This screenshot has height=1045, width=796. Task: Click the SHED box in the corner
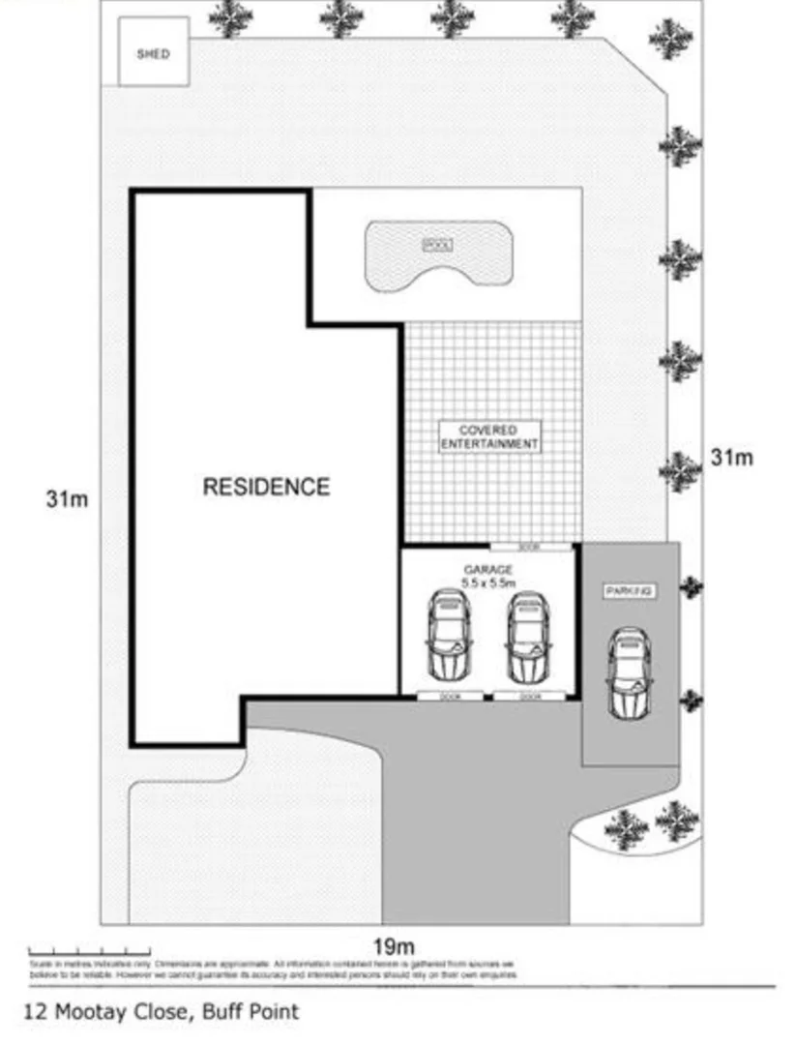(153, 53)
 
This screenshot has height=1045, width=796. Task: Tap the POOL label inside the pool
(438, 246)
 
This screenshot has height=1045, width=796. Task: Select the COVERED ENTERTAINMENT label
(489, 436)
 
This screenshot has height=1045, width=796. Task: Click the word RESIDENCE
(266, 487)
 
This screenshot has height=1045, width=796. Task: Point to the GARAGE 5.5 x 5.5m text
(487, 577)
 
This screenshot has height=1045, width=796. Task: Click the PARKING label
(630, 590)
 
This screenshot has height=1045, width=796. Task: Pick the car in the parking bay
(629, 672)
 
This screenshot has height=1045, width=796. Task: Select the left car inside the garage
(450, 634)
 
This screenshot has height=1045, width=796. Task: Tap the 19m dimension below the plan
(393, 945)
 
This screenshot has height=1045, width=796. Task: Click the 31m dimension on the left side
(67, 500)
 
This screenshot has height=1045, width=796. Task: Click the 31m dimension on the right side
(731, 458)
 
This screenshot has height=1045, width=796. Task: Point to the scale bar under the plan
(89, 953)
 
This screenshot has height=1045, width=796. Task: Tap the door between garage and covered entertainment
(528, 548)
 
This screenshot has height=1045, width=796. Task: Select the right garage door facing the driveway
(529, 696)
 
